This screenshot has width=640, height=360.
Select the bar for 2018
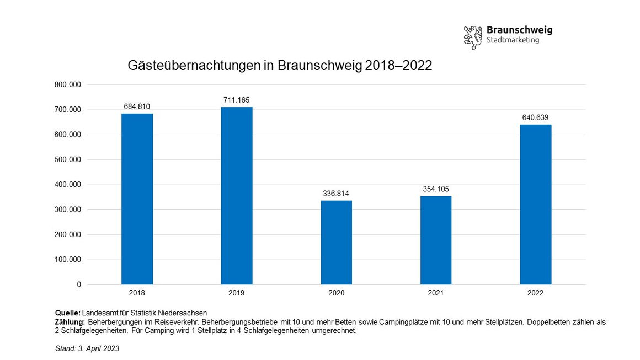(x=137, y=199)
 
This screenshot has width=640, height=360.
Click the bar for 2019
(x=237, y=196)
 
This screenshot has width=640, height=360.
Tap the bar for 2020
(x=337, y=243)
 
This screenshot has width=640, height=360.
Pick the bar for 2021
(x=436, y=240)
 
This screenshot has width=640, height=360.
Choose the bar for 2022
(x=535, y=205)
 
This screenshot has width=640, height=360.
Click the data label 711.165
(x=237, y=100)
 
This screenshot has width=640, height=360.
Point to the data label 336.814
(x=336, y=194)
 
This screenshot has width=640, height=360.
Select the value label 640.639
(x=535, y=117)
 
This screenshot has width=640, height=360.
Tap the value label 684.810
(x=137, y=106)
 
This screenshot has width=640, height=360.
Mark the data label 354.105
(x=436, y=189)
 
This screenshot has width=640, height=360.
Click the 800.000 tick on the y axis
(x=68, y=85)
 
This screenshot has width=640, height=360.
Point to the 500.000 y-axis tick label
(x=68, y=160)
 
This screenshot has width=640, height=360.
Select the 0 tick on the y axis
(x=79, y=284)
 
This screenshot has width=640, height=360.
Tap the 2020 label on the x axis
(x=336, y=293)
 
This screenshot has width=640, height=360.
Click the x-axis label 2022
(x=535, y=293)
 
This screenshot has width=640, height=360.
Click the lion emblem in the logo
(x=473, y=37)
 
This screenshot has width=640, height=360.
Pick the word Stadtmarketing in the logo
(x=513, y=40)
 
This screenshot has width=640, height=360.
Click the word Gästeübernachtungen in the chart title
(x=188, y=66)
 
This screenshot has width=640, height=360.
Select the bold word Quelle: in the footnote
(x=68, y=313)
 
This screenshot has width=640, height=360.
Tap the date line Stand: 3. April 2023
(x=87, y=348)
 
